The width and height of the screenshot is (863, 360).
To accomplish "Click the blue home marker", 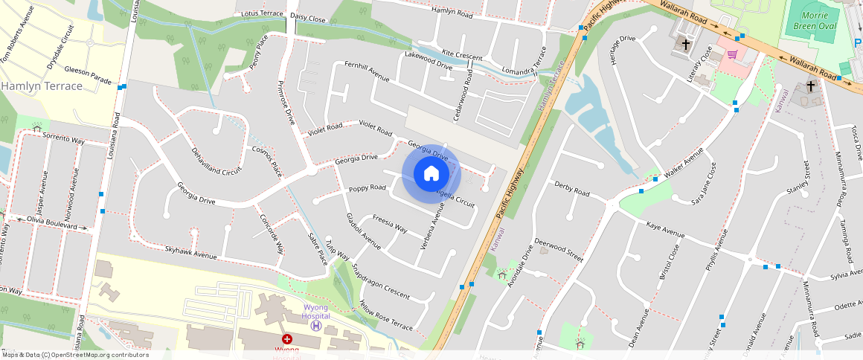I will tap(431, 174).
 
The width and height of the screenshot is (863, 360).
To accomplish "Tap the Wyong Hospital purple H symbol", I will tap(316, 326).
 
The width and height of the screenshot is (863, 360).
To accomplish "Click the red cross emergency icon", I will tap(286, 339).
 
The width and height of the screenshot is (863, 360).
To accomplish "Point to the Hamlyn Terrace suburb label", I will tap(42, 86).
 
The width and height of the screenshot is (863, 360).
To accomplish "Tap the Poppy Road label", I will tap(368, 188).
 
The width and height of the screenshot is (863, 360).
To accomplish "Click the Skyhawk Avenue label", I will tap(190, 255).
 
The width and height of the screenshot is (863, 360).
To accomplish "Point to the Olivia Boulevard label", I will tap(52, 225).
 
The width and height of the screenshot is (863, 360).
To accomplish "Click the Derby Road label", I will tap(571, 188).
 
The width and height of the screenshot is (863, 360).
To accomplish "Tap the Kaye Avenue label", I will tap(664, 228).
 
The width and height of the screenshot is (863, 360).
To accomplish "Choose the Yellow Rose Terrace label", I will tap(385, 316).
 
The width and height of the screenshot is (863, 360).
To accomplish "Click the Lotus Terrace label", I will tap(263, 14).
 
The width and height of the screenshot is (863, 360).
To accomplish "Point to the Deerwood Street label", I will tap(558, 250).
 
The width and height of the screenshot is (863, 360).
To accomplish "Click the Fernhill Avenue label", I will tap(367, 71).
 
